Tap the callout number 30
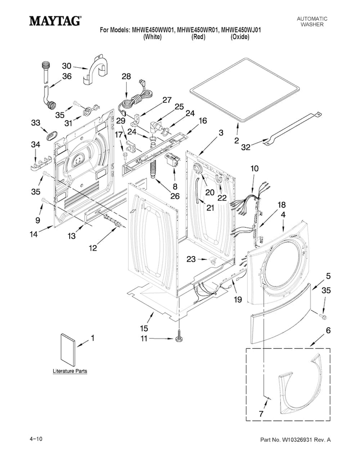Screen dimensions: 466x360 click(67, 66)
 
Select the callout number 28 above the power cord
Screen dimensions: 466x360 click(126, 76)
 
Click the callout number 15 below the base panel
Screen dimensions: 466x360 click(144, 328)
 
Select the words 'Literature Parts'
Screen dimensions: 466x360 click(70, 371)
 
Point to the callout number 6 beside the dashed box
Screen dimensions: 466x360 click(328, 331)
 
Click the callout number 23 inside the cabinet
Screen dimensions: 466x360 click(191, 259)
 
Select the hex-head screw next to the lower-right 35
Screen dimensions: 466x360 click(323, 316)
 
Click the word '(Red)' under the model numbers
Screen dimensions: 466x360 click(198, 37)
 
